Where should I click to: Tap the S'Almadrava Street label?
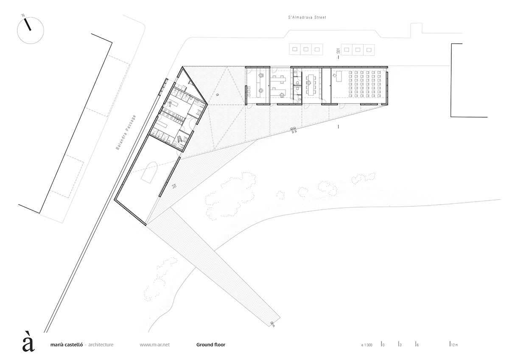point(307,17)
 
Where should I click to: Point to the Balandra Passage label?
point(126,132)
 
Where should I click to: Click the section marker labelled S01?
point(338,51)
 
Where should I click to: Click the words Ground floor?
point(211,345)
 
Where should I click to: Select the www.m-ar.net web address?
point(154,345)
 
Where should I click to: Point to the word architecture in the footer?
point(101,345)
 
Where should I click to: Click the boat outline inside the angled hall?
point(149,173)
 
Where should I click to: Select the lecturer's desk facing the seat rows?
point(339,76)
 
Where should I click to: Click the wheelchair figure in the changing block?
point(180,138)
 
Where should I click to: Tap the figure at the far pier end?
point(272,324)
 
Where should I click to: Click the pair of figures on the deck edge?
point(294,130)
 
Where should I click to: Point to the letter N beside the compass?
point(23,15)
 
